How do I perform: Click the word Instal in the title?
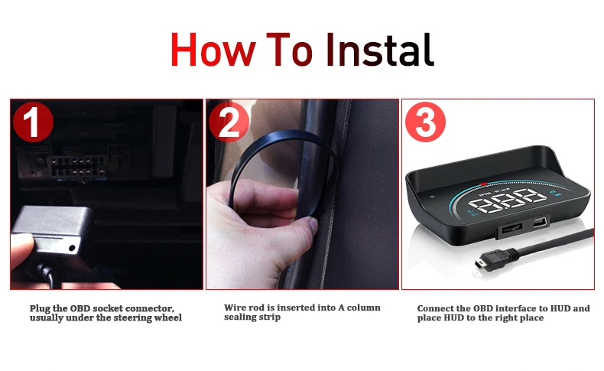tap(380, 50)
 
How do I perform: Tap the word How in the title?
tap(213, 50)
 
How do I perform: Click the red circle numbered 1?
tap(33, 122)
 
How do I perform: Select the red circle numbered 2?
tap(229, 122)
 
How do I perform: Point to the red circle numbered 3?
tap(425, 122)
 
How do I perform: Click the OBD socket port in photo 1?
tap(77, 168)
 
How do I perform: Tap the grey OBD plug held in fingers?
tap(52, 231)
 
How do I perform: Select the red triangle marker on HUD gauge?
tap(482, 184)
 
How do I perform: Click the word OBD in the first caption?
tap(80, 308)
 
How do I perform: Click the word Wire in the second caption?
tap(235, 308)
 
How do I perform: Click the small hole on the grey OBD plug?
tap(72, 248)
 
